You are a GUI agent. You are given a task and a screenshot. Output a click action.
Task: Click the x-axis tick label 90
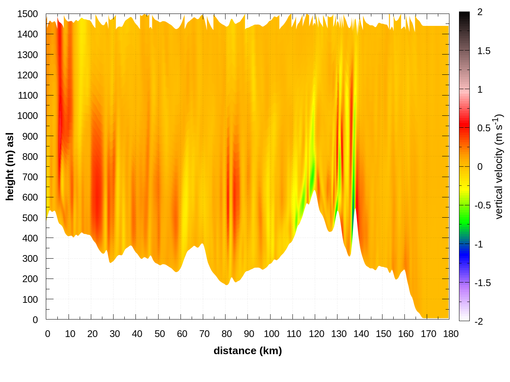coord(249,334)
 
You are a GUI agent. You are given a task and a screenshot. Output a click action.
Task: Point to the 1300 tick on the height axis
coord(27,55)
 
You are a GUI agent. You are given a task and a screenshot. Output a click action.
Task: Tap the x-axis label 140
coord(361,334)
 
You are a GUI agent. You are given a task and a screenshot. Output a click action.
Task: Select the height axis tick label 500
coord(30,218)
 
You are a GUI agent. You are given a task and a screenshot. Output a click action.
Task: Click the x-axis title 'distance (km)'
coord(247,351)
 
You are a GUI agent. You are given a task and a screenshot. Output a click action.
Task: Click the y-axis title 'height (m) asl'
coord(10,166)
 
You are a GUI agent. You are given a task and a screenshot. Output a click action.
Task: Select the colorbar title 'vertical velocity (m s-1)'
coord(498,166)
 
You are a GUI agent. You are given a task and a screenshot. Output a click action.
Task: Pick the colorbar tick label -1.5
coord(483,283)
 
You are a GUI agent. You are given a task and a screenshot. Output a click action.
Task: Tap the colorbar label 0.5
coord(484,128)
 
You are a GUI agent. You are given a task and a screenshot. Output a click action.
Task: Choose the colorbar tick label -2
coord(479,322)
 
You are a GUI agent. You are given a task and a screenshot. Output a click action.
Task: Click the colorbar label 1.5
coord(484,51)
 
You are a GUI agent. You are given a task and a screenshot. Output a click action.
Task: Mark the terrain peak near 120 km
coord(314,191)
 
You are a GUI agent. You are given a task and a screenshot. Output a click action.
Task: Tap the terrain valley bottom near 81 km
coord(227,285)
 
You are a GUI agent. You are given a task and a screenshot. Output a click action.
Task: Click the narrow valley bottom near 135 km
coord(349,255)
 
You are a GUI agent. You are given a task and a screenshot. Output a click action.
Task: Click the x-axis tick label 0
coord(48,334)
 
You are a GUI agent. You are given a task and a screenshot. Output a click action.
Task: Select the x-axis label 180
coord(451,334)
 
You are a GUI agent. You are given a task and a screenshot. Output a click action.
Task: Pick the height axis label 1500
coord(27,14)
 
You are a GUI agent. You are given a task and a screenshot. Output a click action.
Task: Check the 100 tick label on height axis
coord(30,300)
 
